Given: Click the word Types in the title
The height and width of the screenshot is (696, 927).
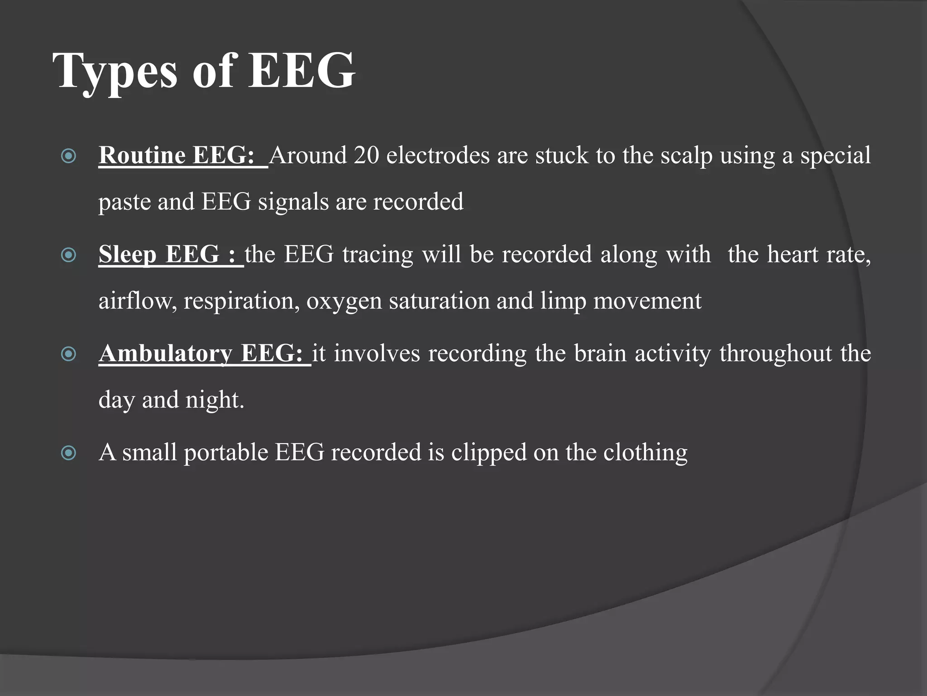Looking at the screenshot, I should [115, 71].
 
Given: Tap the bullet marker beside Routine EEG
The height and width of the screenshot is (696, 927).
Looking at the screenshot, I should [68, 156].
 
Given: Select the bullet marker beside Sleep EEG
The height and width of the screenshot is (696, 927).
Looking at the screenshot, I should [68, 255].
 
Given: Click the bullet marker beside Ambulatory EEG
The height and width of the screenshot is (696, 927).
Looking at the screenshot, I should [68, 354].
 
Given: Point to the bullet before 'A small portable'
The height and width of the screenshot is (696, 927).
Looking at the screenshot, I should [68, 453].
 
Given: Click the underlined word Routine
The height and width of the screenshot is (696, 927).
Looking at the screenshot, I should [142, 155].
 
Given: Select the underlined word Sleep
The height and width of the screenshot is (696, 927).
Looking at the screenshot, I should [127, 254].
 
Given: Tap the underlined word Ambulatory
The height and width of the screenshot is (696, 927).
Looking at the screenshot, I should [166, 353].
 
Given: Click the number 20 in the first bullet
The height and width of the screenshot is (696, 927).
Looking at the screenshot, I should [366, 155].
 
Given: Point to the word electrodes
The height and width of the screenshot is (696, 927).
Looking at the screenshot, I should [438, 155].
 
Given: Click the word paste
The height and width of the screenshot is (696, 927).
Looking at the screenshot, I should [124, 202].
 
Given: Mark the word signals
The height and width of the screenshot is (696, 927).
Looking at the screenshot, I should [293, 202].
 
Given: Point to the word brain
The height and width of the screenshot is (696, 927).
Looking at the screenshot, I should [600, 353].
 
